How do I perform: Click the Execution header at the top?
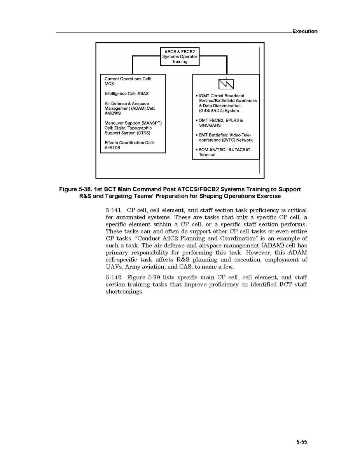point(305,32)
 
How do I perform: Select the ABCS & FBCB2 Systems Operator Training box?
point(180,56)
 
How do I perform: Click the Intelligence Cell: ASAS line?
point(126,94)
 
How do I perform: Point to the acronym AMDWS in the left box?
point(113,114)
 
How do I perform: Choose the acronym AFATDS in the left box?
point(112,148)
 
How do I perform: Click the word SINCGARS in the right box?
point(210,126)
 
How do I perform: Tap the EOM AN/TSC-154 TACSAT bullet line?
point(223,150)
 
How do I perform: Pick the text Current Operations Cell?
point(128,79)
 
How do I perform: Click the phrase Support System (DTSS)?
point(127,133)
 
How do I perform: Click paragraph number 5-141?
point(114,210)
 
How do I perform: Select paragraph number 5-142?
point(114,278)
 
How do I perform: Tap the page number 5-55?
point(302,442)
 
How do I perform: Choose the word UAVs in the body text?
point(114,267)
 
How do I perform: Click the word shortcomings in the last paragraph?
point(124,292)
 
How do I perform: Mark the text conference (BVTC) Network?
point(225,140)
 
